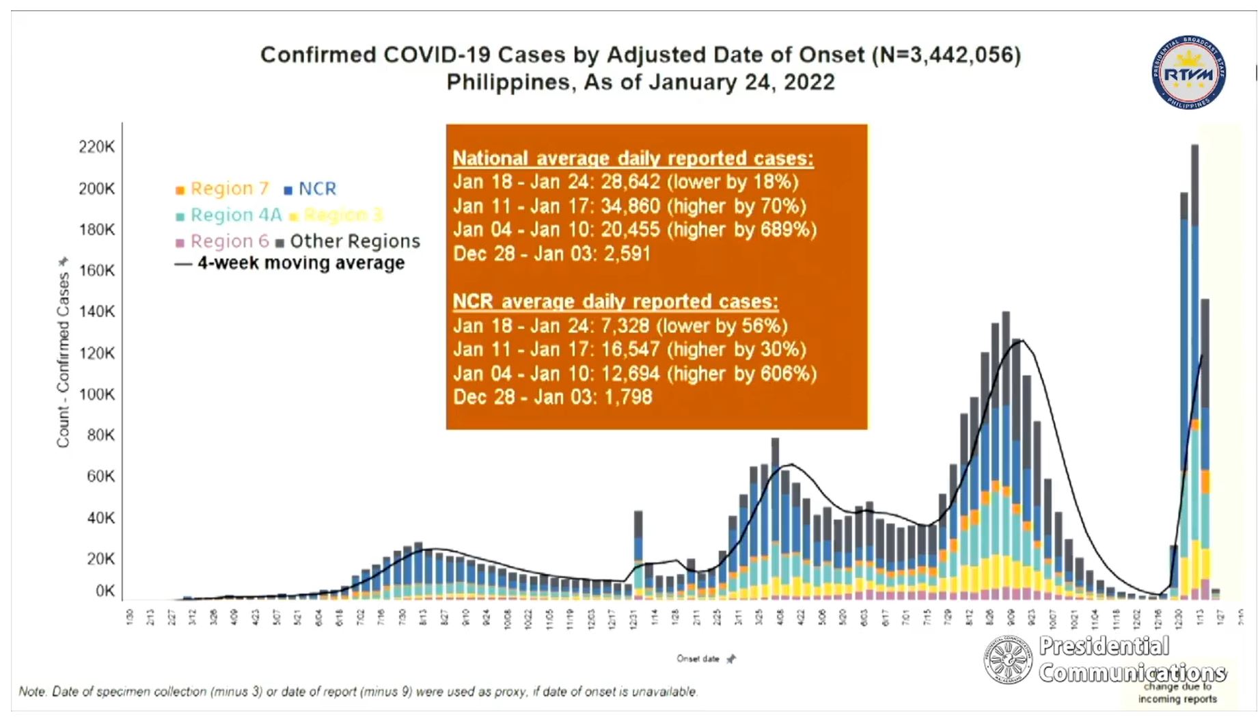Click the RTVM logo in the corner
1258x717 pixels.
point(1188,72)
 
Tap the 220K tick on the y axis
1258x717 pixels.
point(96,147)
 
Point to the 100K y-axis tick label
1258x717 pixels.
point(96,394)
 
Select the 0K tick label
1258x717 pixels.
point(105,591)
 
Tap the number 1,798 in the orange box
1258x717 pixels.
point(628,397)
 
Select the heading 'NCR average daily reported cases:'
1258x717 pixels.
point(615,301)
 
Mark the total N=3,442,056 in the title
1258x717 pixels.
point(946,55)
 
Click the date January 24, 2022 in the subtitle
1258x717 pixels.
point(741,83)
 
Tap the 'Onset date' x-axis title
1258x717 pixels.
point(698,659)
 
